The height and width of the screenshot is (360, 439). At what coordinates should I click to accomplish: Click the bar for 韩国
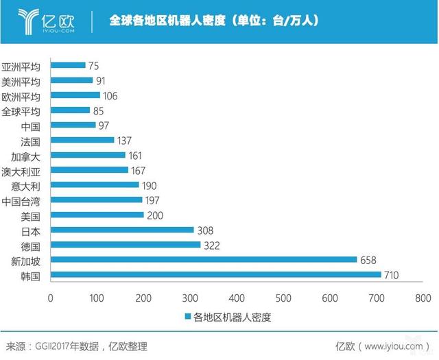215,275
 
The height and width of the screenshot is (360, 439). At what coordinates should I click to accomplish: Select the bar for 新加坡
204,260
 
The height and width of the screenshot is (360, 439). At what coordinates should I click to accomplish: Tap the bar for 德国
126,245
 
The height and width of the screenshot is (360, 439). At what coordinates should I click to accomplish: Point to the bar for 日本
122,230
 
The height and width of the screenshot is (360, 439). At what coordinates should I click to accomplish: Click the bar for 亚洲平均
68,65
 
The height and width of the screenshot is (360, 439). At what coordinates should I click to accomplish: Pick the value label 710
392,275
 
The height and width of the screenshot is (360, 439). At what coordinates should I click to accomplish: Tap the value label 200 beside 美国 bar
155,215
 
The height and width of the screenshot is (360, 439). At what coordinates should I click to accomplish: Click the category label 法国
31,141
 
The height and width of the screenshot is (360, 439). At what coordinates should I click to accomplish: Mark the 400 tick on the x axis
237,298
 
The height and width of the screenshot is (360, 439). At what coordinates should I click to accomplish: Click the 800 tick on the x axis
423,298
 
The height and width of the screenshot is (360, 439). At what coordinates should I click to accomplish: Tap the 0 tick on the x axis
51,298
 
